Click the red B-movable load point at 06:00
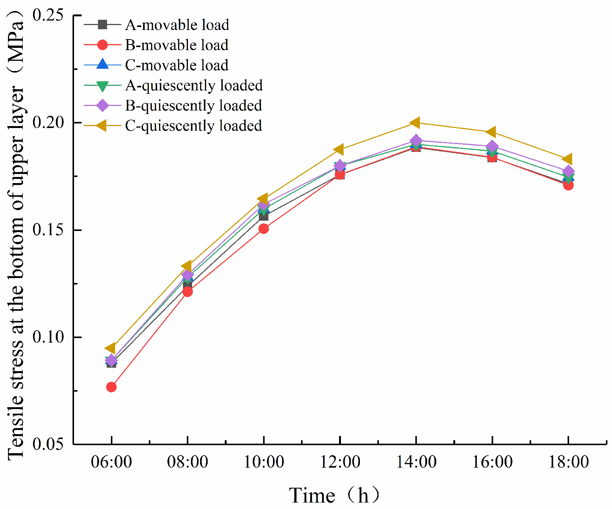click(x=111, y=387)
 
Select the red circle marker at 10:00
click(x=263, y=229)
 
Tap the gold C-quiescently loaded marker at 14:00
click(x=416, y=123)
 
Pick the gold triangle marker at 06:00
click(x=111, y=348)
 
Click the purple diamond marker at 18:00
click(x=568, y=171)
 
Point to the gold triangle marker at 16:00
click(x=491, y=132)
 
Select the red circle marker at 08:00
click(x=188, y=292)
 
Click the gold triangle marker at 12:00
click(x=339, y=149)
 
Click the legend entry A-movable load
click(x=177, y=25)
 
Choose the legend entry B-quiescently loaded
click(x=193, y=106)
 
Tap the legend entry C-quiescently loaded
click(x=193, y=126)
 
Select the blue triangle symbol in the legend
click(x=103, y=65)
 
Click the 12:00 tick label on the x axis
click(x=340, y=462)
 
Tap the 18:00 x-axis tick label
click(x=568, y=462)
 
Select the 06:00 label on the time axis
click(x=111, y=462)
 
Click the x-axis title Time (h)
click(x=334, y=495)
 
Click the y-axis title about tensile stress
click(x=16, y=236)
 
